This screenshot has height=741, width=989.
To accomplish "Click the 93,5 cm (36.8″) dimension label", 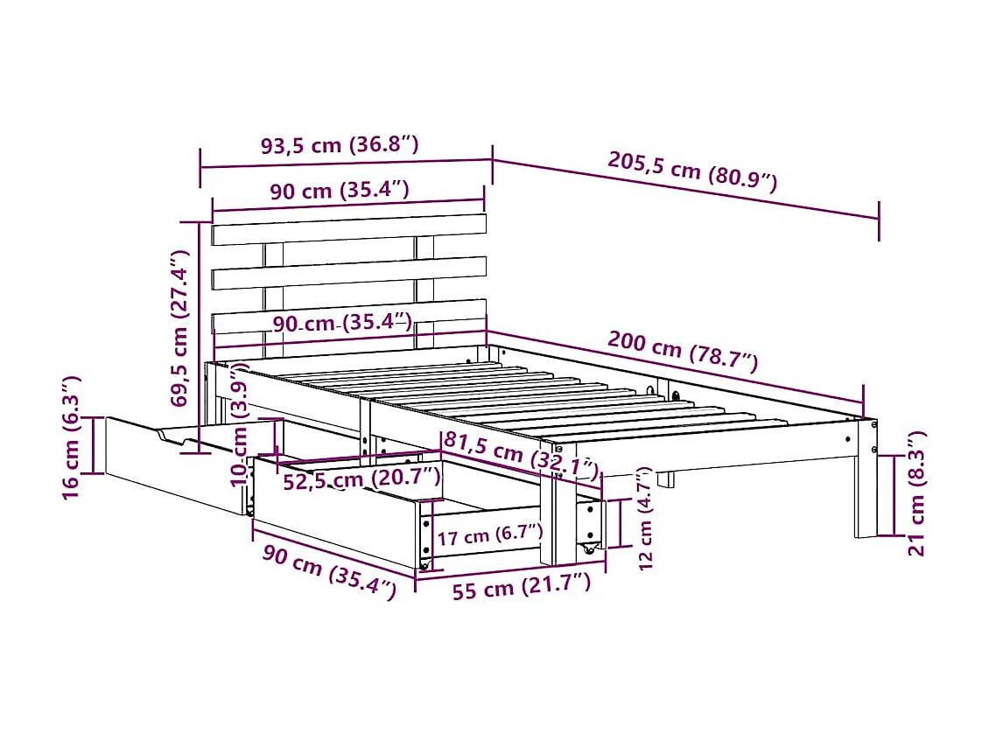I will coord(340,145).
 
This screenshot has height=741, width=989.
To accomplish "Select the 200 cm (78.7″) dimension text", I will coord(683,351).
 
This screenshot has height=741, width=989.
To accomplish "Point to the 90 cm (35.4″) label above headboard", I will coord(340,192).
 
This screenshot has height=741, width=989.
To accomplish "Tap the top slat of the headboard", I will coord(348,230).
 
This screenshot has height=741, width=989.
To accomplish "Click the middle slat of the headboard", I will coord(348,273).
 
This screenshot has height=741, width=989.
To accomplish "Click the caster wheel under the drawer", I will coord(589,551).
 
